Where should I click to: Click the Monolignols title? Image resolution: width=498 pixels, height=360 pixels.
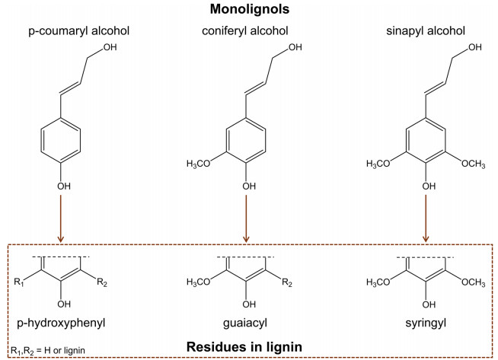pos(250,9)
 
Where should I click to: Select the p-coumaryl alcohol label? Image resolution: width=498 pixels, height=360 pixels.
pos(78,31)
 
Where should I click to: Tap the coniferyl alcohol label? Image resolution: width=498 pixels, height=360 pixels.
pos(245,31)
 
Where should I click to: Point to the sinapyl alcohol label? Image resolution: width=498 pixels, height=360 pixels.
pos(426,31)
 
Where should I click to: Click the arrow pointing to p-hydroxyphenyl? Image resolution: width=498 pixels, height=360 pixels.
pos(60,218)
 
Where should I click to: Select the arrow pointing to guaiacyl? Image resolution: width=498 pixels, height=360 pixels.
pos(246,218)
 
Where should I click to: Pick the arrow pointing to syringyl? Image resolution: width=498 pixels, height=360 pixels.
pos(426,218)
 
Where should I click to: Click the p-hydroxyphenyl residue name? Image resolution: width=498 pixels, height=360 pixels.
pos(61,323)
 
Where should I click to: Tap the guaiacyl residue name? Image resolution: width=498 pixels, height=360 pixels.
pos(245,323)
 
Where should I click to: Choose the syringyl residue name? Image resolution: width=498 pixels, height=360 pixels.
pos(426,323)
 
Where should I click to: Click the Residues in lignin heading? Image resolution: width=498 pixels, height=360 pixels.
pos(244,346)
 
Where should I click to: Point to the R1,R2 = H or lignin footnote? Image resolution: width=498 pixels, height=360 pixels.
pos(48,351)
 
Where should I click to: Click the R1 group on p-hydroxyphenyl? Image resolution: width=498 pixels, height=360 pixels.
pos(19,282)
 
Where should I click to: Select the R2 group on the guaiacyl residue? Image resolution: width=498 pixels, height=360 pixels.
pos(287,282)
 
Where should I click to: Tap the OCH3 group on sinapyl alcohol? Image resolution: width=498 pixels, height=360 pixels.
pos(473,164)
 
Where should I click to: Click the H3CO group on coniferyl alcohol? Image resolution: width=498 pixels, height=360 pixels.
pos(199,164)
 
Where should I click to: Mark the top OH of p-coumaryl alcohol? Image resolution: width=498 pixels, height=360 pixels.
pos(110,47)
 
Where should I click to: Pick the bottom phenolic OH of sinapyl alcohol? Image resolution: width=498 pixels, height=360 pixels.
pos(429,186)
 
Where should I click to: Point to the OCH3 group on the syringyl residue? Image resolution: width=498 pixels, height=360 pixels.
pos(473,282)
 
